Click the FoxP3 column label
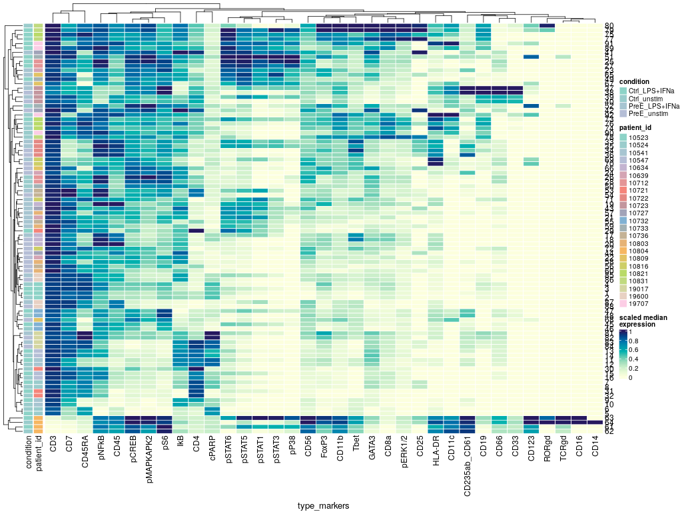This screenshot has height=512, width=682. click(324, 447)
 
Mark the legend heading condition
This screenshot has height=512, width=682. click(634, 82)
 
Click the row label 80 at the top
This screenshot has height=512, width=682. click(609, 26)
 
